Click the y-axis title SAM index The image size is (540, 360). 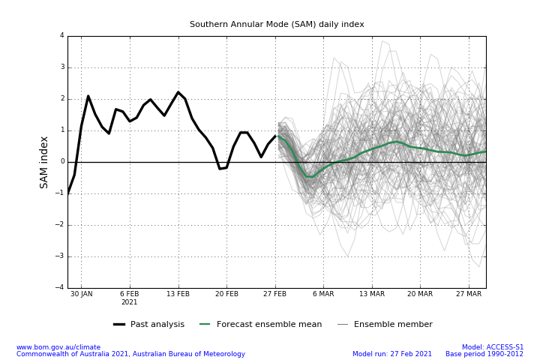pos(43,162)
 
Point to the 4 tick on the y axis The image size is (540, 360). pos(62,35)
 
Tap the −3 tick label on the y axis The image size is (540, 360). pos(59,256)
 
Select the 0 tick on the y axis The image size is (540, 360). pos(63,161)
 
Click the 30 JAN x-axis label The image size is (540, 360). pos(82,294)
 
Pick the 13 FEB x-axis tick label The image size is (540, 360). pos(178,294)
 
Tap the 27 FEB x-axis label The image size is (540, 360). pos(274,294)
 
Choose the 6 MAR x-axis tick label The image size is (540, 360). pos(323,294)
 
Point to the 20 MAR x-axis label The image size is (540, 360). pos(420,294)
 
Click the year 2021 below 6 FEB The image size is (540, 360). pos(130,302)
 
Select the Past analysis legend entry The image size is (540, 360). pos(148,324)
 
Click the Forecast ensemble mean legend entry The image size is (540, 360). pos(261,324)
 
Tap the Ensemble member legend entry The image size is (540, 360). pos(385,324)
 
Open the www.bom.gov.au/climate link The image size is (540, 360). pos(58,347)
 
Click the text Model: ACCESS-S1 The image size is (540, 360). pos(493,347)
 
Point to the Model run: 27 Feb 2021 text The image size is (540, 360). pos(392,354)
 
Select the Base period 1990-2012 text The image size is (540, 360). pos(484,354)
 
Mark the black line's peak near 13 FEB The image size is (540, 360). pos(178,92)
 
